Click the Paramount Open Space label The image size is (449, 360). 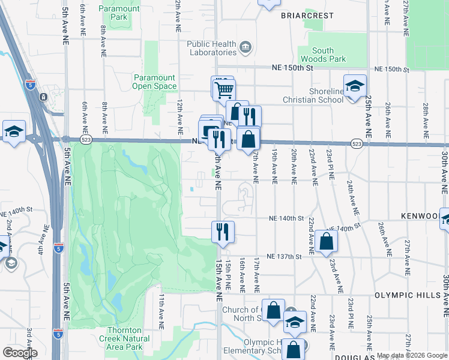point(154,82)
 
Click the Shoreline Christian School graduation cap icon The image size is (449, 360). point(355,86)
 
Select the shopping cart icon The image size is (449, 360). point(224,90)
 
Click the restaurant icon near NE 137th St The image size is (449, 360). point(223,231)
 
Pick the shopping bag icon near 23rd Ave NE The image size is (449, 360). point(326,241)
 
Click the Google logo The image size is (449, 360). point(20,353)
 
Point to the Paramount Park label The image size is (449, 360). point(119,13)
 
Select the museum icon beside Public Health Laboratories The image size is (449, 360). point(245,47)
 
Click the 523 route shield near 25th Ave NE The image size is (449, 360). point(357,144)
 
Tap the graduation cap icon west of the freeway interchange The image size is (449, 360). point(13,132)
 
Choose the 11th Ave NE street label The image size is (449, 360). point(161,311)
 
